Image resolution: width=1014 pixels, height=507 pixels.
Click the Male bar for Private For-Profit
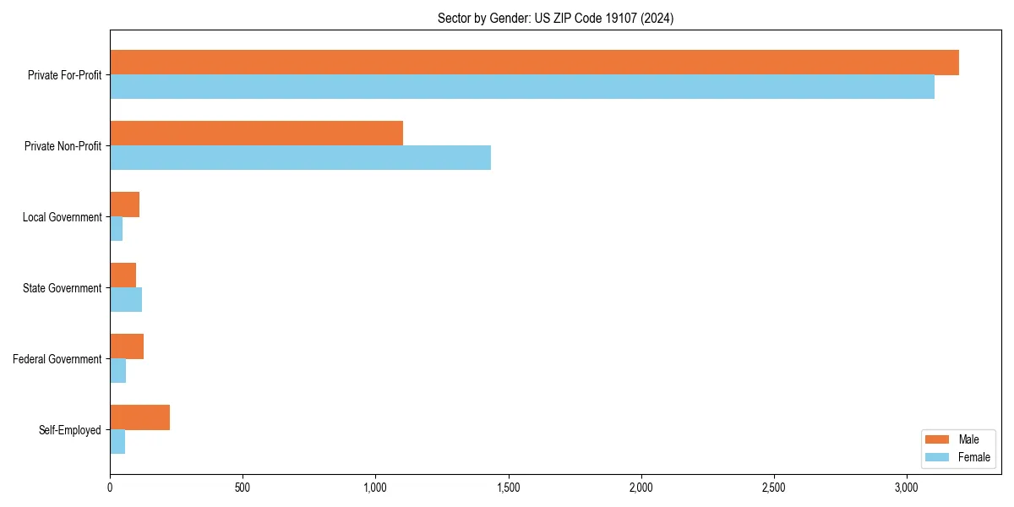point(534,63)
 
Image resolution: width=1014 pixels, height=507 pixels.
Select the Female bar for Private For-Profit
point(522,87)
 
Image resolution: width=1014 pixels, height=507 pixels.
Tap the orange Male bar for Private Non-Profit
point(256,134)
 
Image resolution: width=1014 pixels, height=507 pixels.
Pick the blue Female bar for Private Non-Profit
point(300,158)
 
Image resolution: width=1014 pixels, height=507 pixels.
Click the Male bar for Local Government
point(124,204)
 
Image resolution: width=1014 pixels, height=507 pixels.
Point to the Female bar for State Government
point(126,300)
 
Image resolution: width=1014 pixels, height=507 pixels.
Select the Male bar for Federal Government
point(127,346)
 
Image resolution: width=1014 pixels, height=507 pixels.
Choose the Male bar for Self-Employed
point(139,417)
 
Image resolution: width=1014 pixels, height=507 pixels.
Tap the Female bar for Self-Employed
point(117,442)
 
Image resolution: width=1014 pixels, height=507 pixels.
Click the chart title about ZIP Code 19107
point(555,18)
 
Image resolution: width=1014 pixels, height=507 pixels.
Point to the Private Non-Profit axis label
point(63,146)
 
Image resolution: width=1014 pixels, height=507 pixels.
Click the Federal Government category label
point(57,359)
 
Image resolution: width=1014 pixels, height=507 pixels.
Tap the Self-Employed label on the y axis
point(70,430)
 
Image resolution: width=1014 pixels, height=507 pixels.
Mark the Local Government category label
point(62,217)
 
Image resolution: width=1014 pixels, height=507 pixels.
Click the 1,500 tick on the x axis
point(508,488)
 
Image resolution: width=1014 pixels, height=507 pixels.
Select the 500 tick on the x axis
point(243,488)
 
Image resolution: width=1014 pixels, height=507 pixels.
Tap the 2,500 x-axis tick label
point(774,488)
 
